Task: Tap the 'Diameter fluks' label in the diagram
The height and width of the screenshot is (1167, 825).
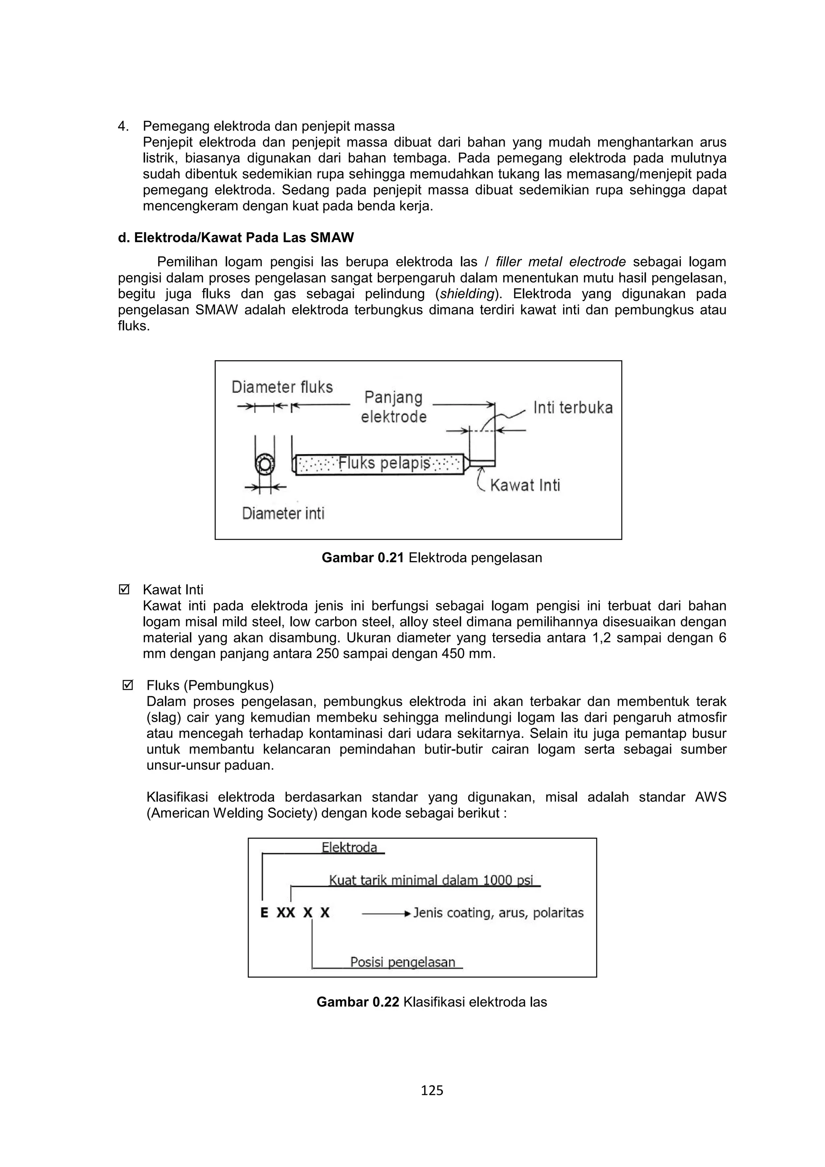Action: click(282, 387)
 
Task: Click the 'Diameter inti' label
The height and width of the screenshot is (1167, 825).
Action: click(283, 513)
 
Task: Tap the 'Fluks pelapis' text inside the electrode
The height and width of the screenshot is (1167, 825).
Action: click(384, 463)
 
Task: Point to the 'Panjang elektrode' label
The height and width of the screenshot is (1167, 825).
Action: click(394, 407)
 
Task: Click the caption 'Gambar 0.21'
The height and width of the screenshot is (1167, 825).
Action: click(363, 558)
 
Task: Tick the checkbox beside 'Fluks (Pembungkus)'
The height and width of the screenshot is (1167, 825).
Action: click(128, 686)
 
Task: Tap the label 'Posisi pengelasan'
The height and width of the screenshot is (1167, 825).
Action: click(402, 962)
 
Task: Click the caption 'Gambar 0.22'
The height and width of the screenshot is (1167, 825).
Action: click(358, 1002)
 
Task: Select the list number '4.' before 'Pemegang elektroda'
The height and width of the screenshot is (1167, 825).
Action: click(123, 126)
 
